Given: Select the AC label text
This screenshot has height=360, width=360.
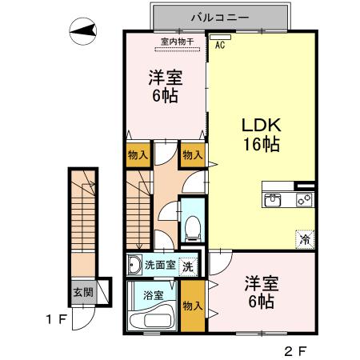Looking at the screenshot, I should coord(219,46).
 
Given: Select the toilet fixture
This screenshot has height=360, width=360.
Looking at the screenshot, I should coord(193,229).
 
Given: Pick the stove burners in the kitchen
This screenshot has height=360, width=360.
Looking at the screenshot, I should coord(304,200).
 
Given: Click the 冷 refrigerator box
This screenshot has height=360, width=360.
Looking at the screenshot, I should coord(305,238).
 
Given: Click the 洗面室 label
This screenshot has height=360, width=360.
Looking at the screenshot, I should coord(158,266).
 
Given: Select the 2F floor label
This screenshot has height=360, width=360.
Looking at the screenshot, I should coord(294,350).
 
